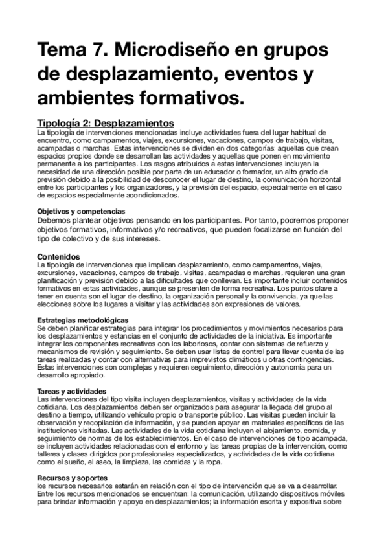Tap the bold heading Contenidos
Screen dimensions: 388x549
(58, 256)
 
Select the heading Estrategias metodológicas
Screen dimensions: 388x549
(83, 320)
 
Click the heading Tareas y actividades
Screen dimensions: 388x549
(72, 392)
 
